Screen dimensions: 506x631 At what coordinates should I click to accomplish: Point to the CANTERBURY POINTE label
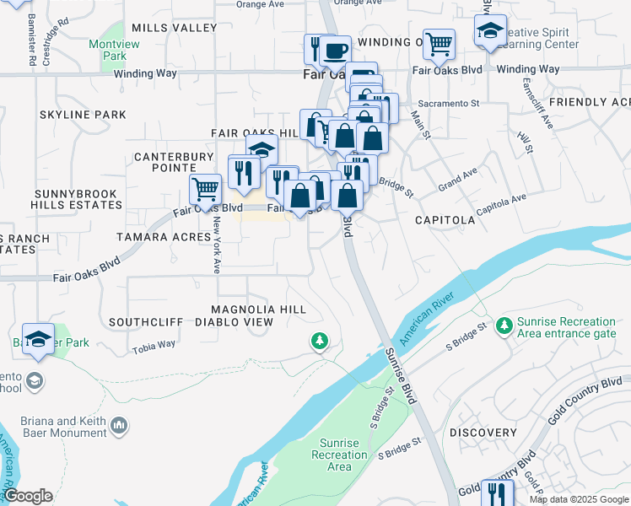[174, 162]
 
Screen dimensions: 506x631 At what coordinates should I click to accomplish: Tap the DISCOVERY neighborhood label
[483, 432]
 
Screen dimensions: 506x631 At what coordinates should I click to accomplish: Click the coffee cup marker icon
[335, 51]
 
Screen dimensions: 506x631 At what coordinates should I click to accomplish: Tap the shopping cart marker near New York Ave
[205, 188]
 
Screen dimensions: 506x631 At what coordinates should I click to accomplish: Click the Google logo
[27, 496]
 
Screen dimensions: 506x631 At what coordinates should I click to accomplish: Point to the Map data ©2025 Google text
[579, 499]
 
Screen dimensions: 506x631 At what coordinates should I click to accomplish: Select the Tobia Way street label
[154, 344]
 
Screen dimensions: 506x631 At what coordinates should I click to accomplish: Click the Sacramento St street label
[456, 103]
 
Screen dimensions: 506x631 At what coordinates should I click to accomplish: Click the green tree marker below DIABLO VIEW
[319, 341]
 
